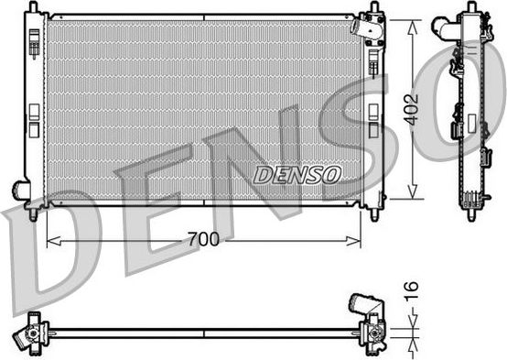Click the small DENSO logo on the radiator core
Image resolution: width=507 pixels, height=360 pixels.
coord(297,173)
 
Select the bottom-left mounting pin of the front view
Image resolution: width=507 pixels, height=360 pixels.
coord(35,215)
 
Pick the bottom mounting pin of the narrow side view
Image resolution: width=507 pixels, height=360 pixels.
coord(471,215)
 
